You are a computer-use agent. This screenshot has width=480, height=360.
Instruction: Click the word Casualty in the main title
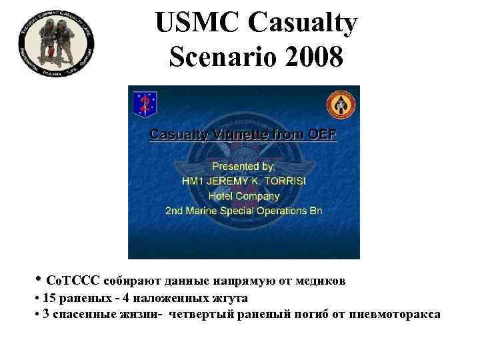303,25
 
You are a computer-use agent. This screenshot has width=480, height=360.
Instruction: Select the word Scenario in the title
218,58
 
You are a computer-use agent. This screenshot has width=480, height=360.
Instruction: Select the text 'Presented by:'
243,165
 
